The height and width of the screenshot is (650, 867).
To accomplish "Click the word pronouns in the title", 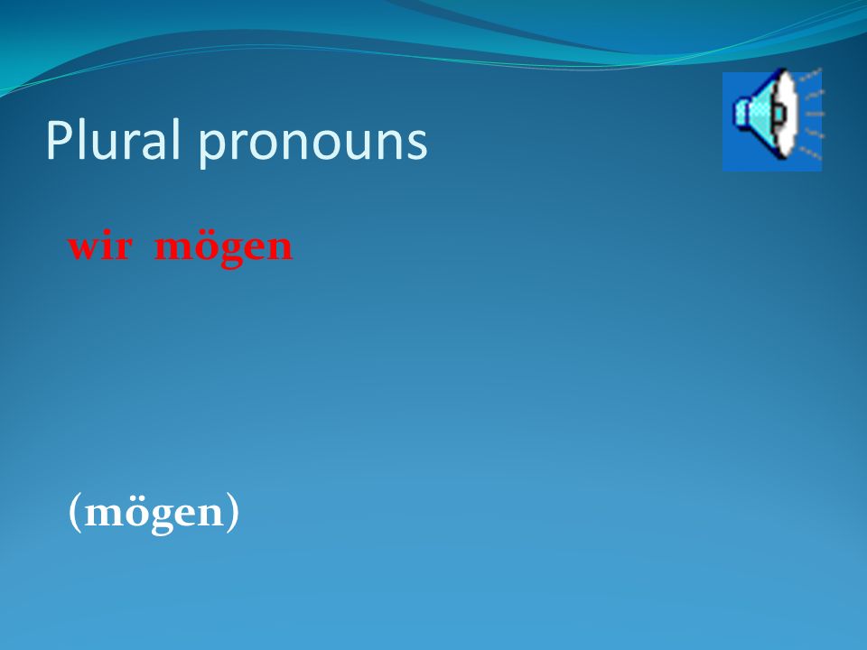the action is [x=313, y=144].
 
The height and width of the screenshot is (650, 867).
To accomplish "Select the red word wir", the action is [x=99, y=246].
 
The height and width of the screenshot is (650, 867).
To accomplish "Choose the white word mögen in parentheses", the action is [x=154, y=514].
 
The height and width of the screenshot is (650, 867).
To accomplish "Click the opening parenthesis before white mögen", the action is [x=75, y=513].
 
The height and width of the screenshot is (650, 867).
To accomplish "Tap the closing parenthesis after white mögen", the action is [x=233, y=513].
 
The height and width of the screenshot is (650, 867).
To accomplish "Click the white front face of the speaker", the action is [x=787, y=114].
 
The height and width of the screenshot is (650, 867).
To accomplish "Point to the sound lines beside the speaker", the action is [x=811, y=114].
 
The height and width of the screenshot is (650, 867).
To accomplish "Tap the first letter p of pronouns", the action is [x=210, y=149].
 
